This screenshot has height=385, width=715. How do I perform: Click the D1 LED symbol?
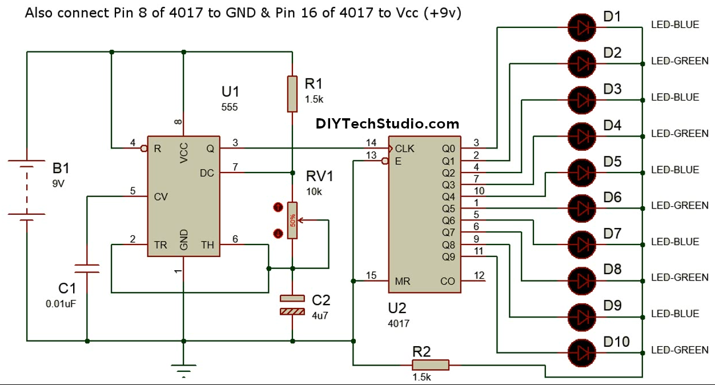pyautogui.click(x=582, y=25)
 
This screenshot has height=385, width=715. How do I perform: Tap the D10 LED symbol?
pyautogui.click(x=582, y=350)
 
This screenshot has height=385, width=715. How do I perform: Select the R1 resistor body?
pyautogui.click(x=292, y=94)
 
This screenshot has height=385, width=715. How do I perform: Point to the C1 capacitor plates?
pyautogui.click(x=87, y=268)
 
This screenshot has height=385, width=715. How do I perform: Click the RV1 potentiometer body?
pyautogui.click(x=292, y=220)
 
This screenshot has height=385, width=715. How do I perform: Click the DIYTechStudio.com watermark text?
pyautogui.click(x=387, y=124)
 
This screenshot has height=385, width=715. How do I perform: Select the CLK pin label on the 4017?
pyautogui.click(x=405, y=149)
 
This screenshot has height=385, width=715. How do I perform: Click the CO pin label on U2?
pyautogui.click(x=448, y=282)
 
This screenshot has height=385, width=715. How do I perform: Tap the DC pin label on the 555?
pyautogui.click(x=207, y=173)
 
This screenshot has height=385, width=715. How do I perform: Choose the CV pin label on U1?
pyautogui.click(x=160, y=197)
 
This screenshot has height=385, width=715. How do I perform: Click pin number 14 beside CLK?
pyautogui.click(x=371, y=142)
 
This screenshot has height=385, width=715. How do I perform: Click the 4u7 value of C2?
pyautogui.click(x=320, y=315)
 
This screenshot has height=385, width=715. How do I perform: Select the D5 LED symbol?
pyautogui.click(x=582, y=170)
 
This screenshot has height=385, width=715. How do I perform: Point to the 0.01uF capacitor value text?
pyautogui.click(x=61, y=304)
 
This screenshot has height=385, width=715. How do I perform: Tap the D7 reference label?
pyautogui.click(x=612, y=233)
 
